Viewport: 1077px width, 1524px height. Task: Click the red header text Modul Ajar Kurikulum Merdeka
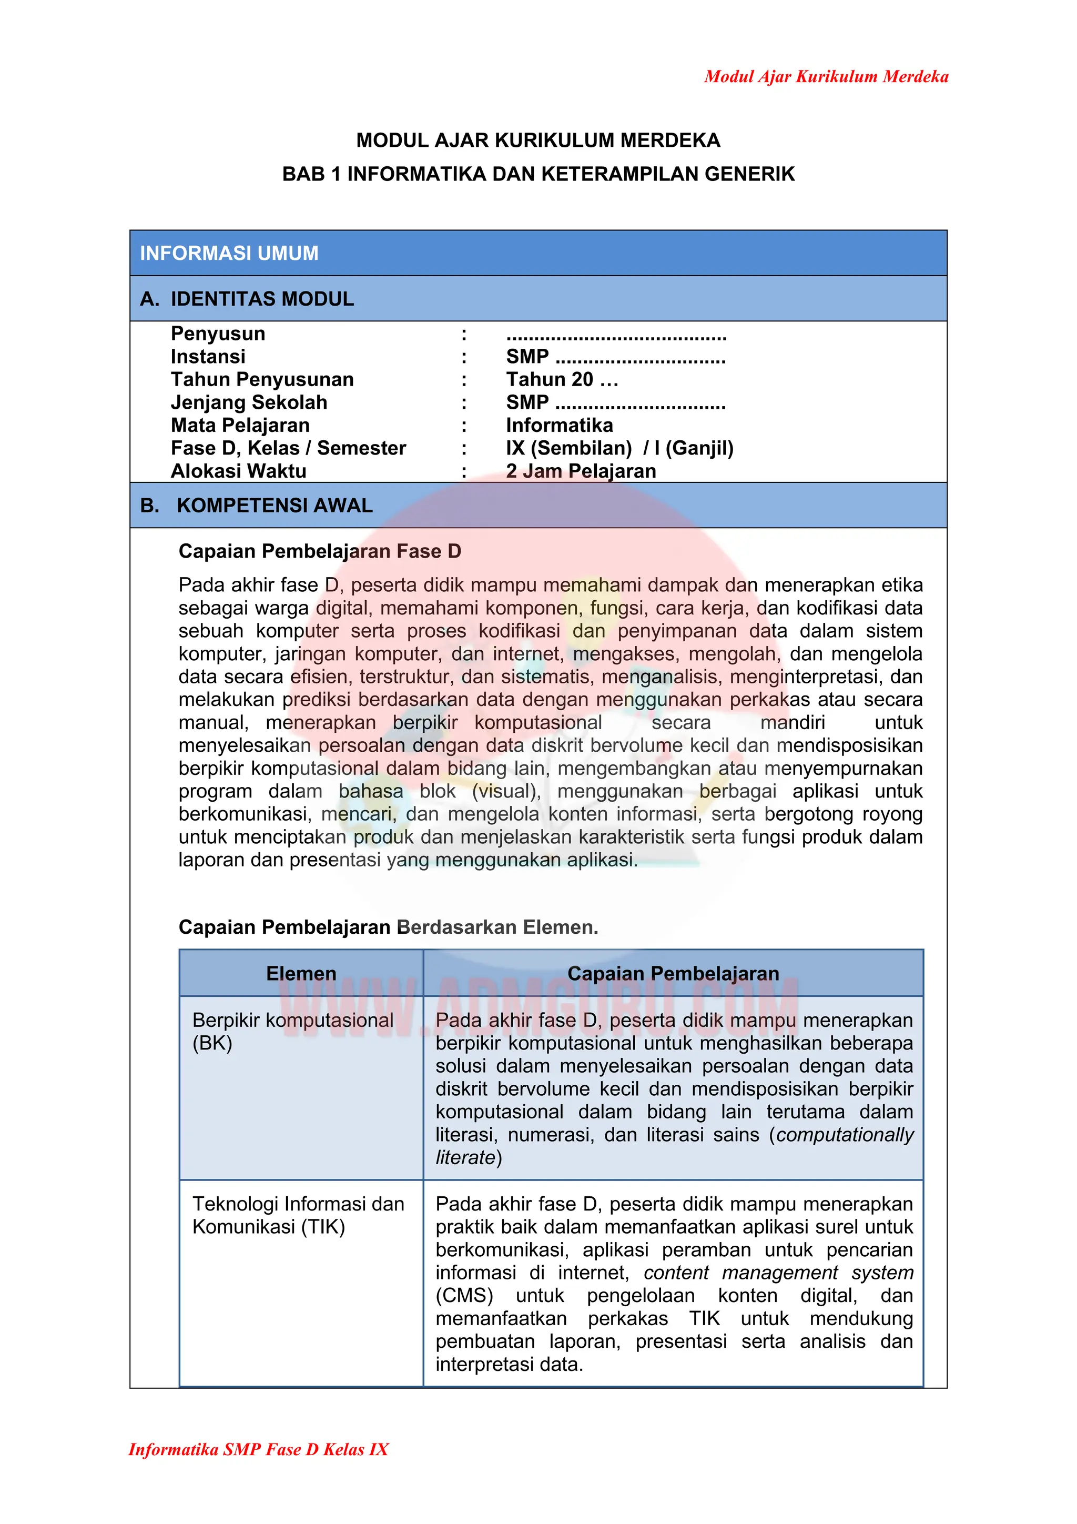[826, 76]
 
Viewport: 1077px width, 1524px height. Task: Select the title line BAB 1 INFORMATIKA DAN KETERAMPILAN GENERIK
[537, 174]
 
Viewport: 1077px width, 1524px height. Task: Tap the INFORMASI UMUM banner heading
[229, 253]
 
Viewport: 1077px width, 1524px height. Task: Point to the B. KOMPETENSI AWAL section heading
[256, 505]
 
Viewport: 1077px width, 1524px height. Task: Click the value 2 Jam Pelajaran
[581, 471]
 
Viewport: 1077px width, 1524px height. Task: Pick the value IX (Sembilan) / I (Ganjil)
[619, 448]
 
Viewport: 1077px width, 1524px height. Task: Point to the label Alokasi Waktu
[238, 471]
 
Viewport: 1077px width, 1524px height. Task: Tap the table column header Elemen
[301, 973]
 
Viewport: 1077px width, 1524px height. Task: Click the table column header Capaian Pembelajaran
[673, 973]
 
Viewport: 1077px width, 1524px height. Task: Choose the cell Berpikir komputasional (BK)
[292, 1031]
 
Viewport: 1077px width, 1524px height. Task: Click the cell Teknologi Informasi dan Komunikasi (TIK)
[298, 1215]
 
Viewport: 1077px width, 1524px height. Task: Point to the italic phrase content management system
[778, 1273]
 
